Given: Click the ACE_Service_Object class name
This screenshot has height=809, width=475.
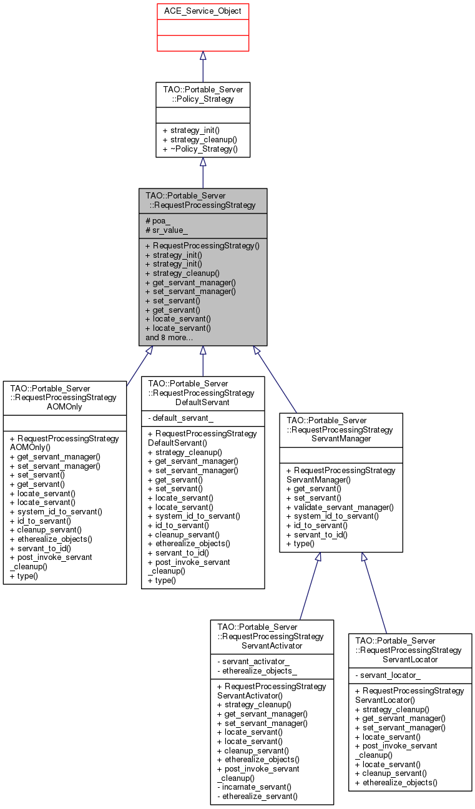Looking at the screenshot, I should (202, 11).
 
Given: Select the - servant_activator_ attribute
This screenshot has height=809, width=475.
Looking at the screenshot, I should (253, 661).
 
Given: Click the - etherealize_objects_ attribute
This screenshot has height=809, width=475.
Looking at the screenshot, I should (257, 670).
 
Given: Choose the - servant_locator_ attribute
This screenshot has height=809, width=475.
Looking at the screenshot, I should (388, 675).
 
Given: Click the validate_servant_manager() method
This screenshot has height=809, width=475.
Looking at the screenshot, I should (340, 507).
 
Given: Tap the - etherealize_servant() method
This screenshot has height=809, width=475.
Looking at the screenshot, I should (257, 796).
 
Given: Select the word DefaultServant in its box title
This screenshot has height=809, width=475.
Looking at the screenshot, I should (202, 402).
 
